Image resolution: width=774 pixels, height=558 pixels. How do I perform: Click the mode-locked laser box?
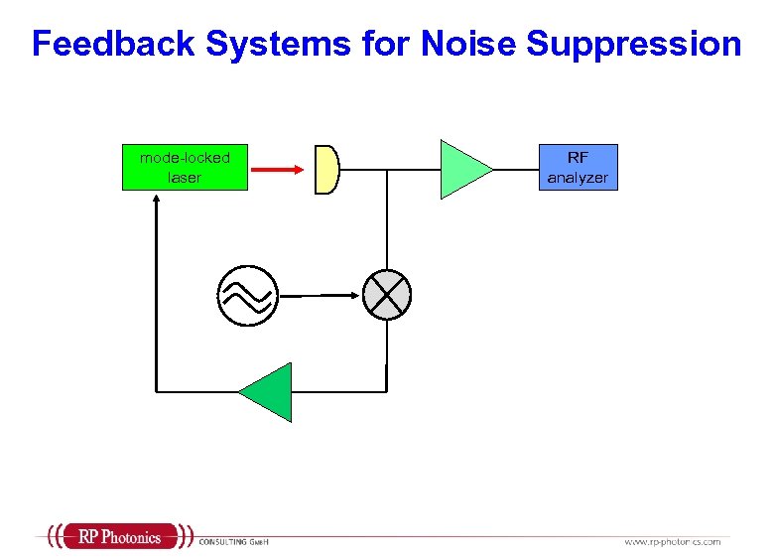(x=185, y=167)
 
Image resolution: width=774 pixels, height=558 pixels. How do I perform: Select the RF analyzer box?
(x=578, y=167)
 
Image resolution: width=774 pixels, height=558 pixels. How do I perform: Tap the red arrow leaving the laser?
(x=276, y=169)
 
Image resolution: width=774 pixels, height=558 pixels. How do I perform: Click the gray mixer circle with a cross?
(x=386, y=294)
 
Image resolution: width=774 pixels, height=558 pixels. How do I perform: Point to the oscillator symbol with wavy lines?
(x=247, y=295)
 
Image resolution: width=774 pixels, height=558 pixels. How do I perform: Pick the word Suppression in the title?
(x=634, y=44)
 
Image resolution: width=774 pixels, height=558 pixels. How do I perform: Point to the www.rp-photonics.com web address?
(x=672, y=541)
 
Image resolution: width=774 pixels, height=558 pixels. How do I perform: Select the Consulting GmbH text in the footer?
(x=234, y=541)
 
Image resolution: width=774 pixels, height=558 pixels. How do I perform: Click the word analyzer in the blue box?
(x=578, y=178)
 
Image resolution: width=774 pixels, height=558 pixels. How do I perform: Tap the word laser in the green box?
(x=185, y=178)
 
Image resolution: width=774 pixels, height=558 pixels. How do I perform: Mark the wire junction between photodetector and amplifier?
(x=386, y=169)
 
